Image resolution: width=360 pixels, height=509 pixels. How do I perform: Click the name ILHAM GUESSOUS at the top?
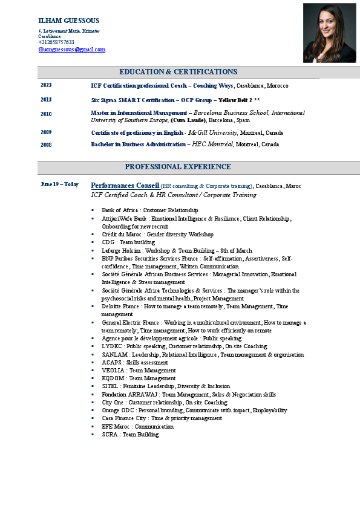[69, 21]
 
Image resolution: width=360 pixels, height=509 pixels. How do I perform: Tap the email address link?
[72, 50]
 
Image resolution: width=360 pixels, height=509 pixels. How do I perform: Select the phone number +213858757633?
[56, 42]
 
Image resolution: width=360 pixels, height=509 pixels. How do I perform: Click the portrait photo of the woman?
[329, 33]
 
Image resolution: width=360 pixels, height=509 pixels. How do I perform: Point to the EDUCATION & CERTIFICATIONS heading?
[178, 72]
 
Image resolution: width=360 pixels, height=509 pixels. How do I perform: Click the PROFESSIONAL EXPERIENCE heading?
[178, 167]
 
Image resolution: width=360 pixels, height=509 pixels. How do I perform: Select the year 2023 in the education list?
[46, 86]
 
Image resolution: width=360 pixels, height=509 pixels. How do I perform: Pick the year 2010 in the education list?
[46, 114]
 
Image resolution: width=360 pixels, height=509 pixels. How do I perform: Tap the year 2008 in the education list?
[46, 145]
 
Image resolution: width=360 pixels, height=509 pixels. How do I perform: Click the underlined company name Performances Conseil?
[125, 186]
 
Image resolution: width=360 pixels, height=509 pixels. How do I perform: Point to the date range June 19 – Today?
[59, 184]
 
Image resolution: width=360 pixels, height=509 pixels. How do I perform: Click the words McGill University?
[212, 132]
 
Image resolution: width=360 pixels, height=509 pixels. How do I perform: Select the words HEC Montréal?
[195, 144]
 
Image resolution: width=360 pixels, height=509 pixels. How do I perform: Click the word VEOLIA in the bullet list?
[112, 371]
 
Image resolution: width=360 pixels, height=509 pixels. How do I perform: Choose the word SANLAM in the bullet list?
[113, 355]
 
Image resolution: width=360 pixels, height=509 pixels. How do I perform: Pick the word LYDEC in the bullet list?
[111, 346]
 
